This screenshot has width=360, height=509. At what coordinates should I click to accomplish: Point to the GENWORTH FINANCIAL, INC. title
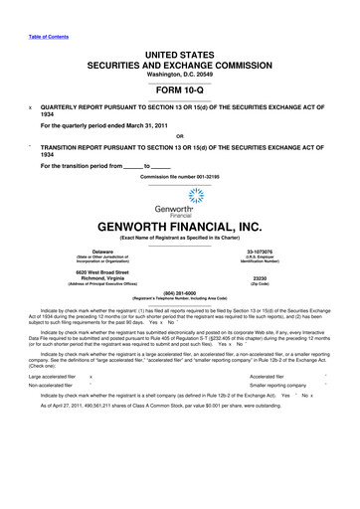tap(180, 227)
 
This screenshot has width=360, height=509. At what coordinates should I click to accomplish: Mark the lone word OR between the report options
tap(179, 137)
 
